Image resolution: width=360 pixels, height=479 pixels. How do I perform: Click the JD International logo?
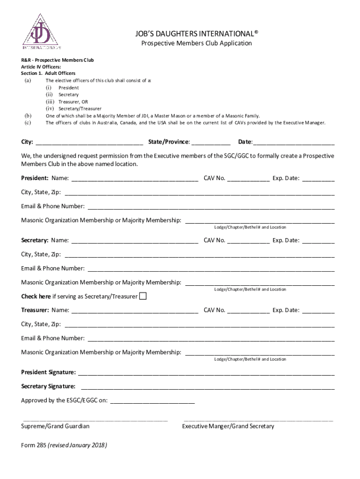coord(42,31)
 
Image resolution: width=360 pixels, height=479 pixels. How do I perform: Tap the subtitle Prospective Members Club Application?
coord(196,44)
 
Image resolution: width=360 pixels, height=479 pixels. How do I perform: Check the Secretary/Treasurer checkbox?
coord(143,296)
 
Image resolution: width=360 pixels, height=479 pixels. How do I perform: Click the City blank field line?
coord(89,143)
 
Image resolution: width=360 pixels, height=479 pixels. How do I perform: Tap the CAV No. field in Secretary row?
coord(248,241)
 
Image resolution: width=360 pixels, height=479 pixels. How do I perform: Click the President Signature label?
coord(49,372)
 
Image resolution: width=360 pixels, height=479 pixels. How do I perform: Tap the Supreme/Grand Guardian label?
coord(55,426)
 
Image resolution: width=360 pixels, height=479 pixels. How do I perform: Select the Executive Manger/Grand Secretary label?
coord(228,426)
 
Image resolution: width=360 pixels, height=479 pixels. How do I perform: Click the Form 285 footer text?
coord(64,445)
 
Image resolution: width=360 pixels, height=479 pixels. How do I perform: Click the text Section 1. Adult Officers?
coord(48,73)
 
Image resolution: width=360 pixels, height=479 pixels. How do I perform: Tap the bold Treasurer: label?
coord(35,310)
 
